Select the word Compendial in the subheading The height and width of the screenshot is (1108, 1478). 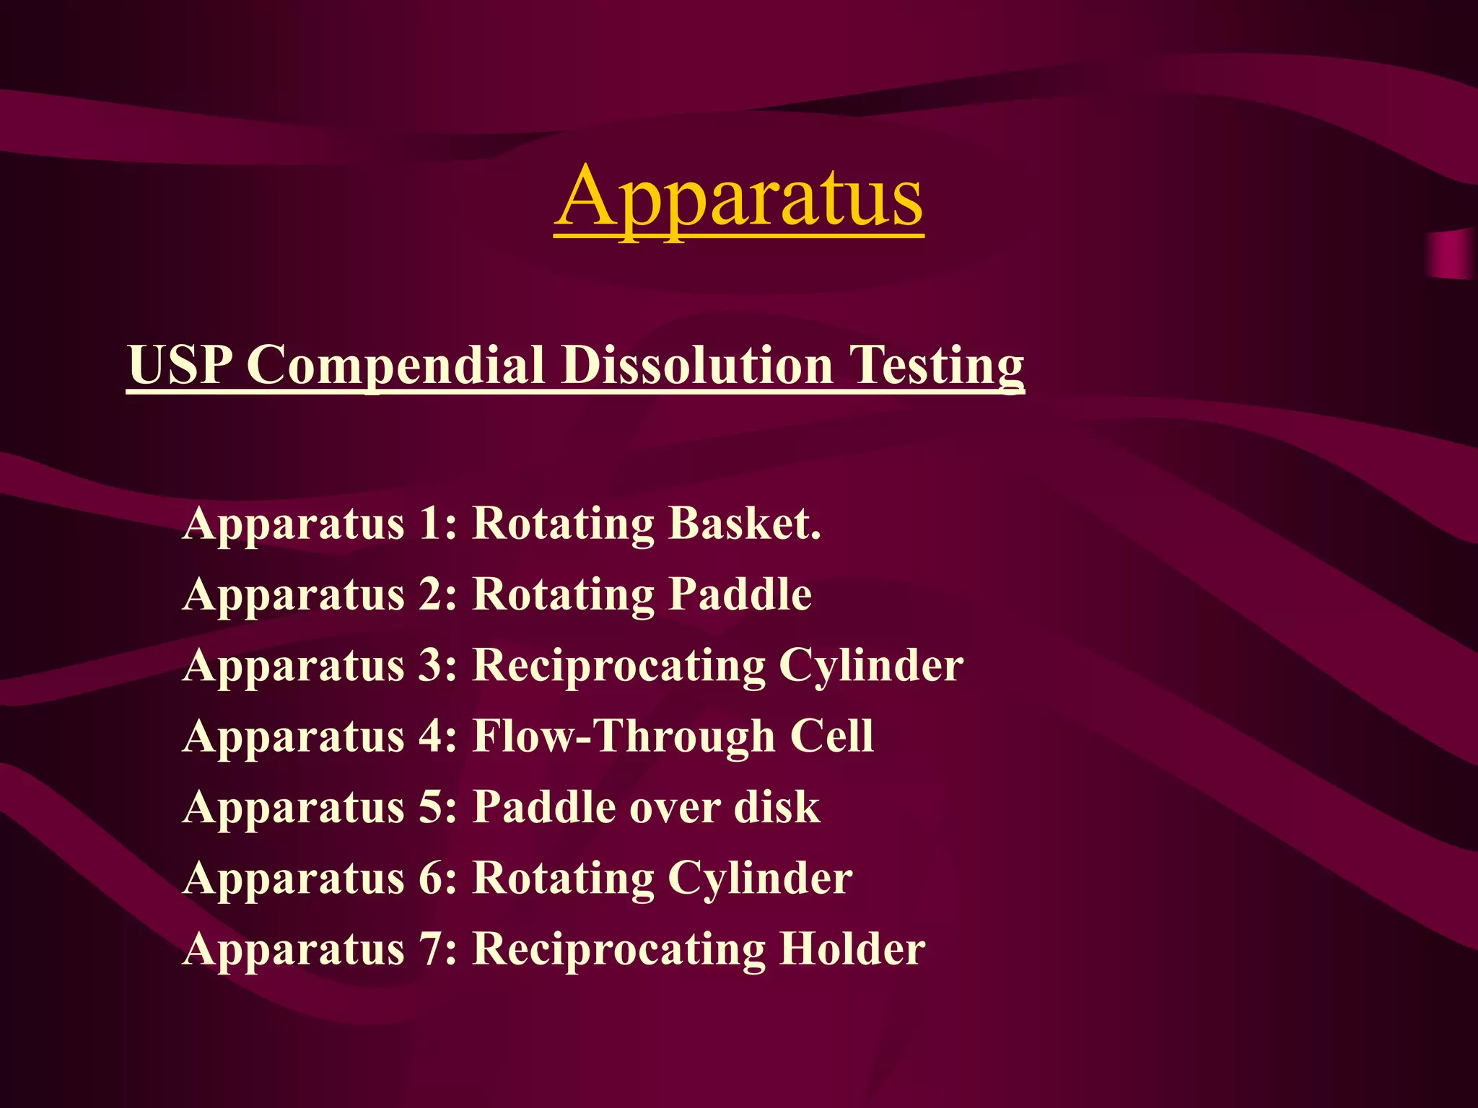(395, 365)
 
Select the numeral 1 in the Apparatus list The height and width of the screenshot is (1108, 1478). (431, 523)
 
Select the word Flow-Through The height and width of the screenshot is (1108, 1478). (624, 737)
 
